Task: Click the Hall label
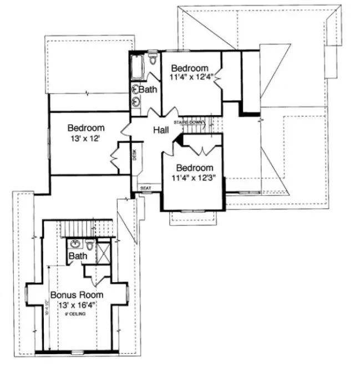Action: (x=161, y=130)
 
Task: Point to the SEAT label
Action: (x=145, y=188)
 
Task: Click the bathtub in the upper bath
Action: (x=136, y=66)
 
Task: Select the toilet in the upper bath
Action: (x=153, y=60)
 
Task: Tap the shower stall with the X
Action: (x=103, y=254)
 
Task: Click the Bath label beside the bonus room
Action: (x=78, y=256)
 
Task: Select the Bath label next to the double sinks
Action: (x=148, y=89)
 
